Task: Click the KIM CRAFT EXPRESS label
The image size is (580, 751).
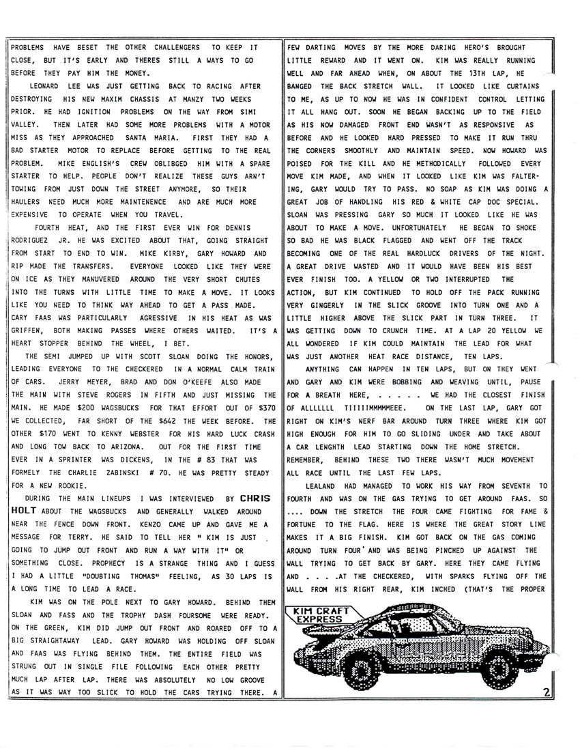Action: tap(320, 614)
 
